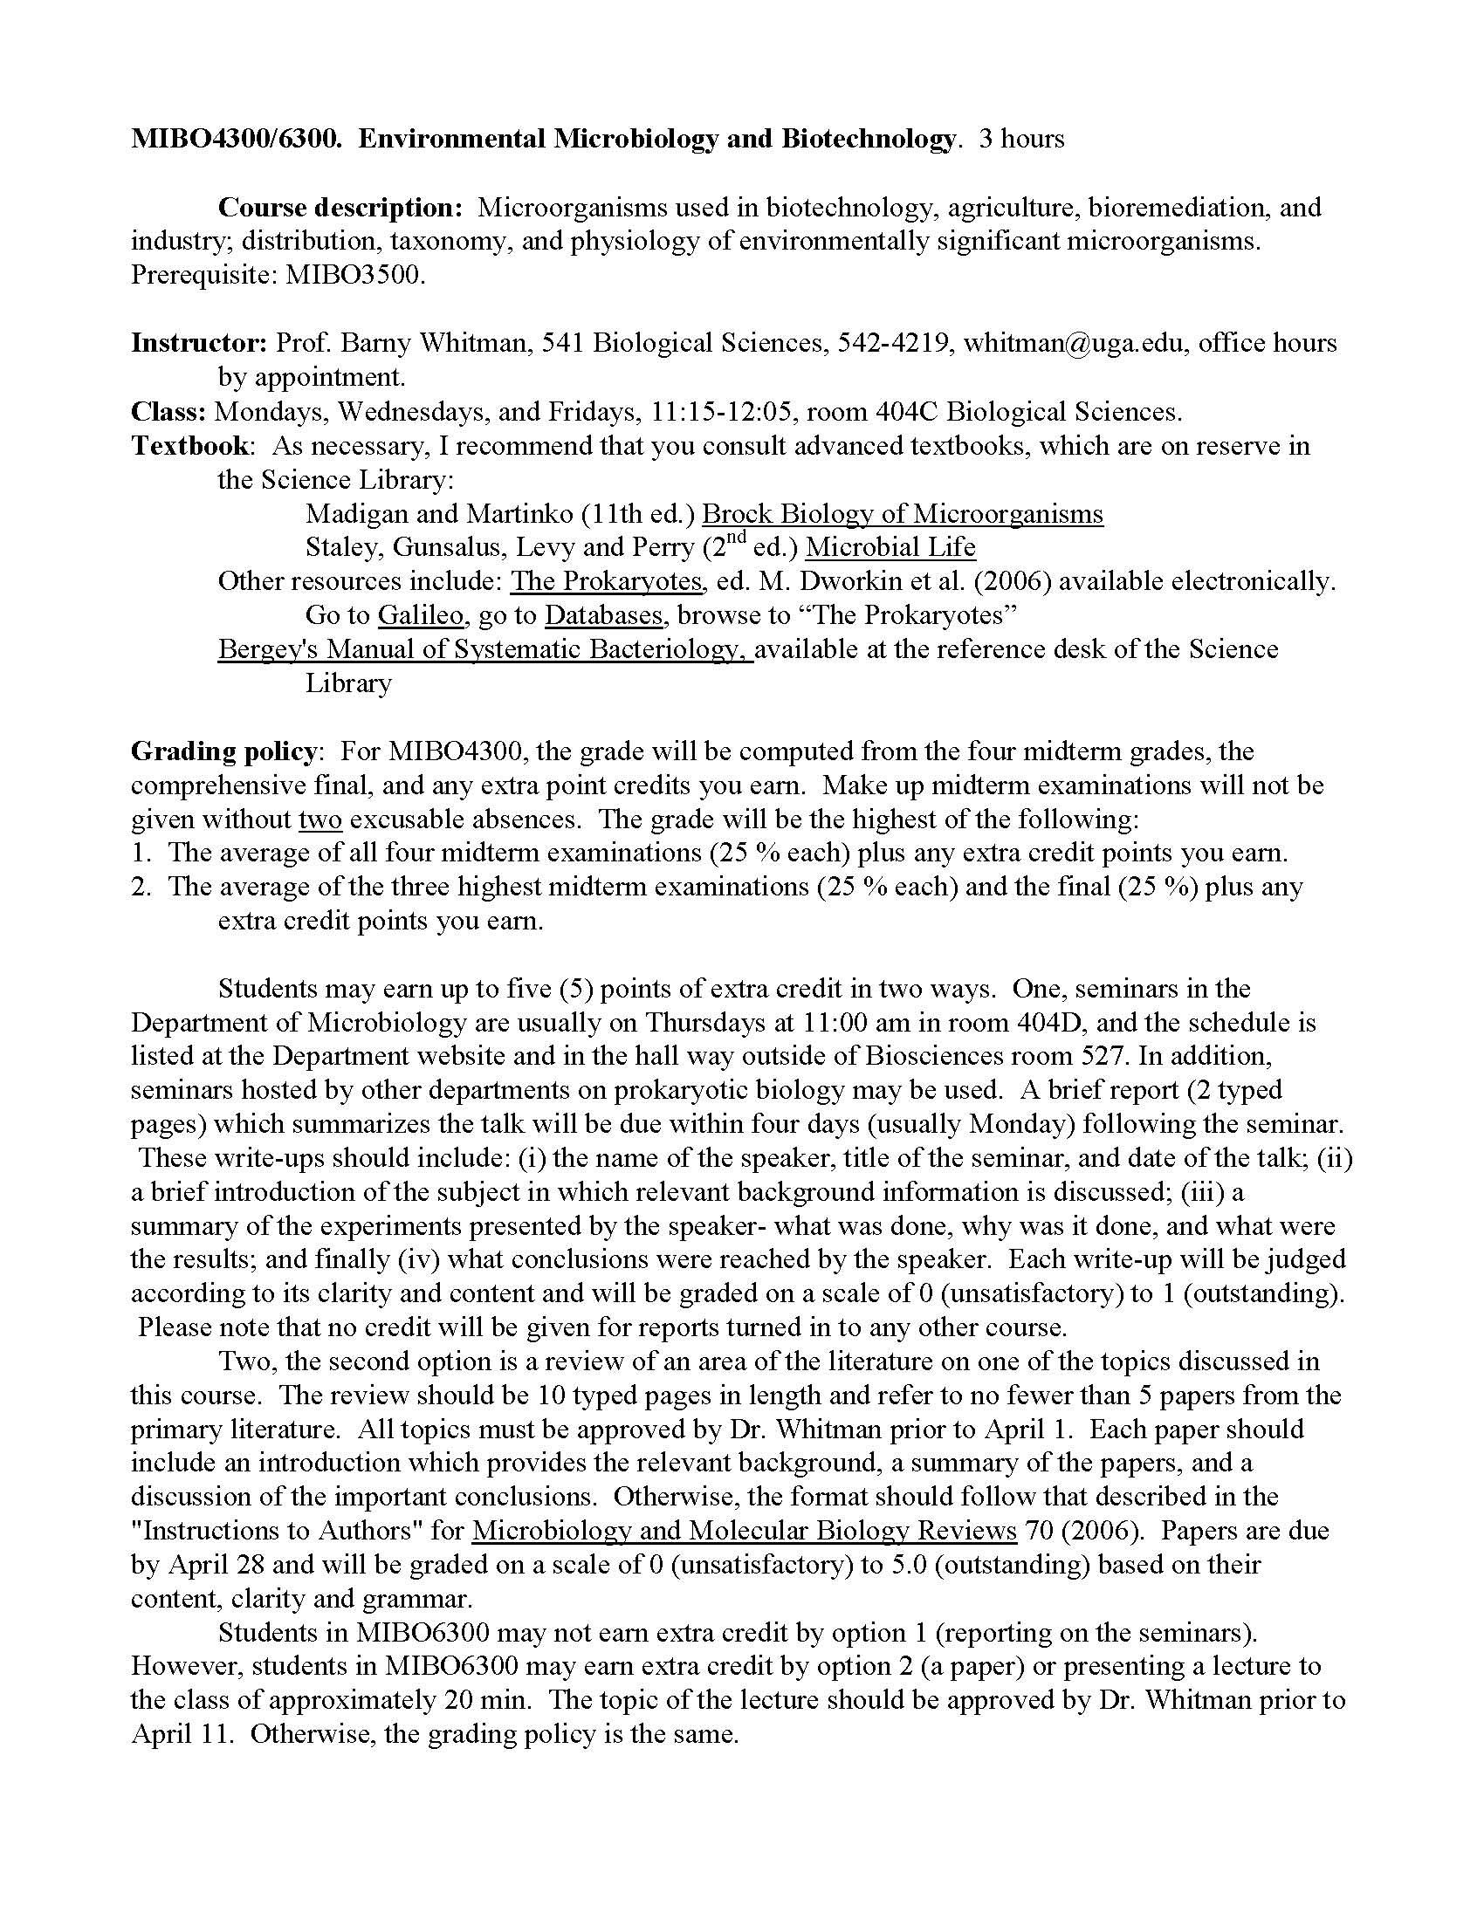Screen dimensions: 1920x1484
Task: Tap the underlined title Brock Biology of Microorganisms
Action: click(x=902, y=513)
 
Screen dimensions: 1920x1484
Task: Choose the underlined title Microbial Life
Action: click(x=890, y=548)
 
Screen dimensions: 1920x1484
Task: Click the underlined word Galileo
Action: click(x=420, y=615)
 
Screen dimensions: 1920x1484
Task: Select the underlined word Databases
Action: click(x=603, y=615)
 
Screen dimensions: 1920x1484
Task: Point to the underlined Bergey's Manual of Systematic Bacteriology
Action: click(x=485, y=649)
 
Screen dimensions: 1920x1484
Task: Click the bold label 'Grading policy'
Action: click(x=223, y=751)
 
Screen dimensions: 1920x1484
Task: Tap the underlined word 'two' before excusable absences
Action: click(x=320, y=819)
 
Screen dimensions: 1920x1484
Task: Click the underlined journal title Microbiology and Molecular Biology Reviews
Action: click(x=744, y=1531)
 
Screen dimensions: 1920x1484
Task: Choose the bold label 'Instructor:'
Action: click(x=199, y=343)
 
